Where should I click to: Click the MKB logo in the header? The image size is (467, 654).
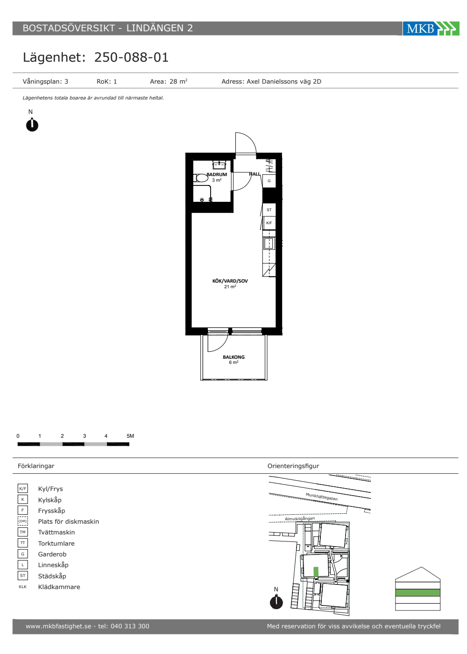click(x=431, y=28)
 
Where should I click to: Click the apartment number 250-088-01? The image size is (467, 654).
click(x=131, y=57)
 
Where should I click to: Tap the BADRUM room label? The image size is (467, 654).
click(x=217, y=174)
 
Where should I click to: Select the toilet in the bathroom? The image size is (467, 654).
click(x=200, y=178)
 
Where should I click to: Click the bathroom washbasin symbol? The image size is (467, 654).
click(x=219, y=165)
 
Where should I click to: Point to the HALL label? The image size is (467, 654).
click(x=255, y=174)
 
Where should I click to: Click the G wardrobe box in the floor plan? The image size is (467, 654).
click(x=269, y=181)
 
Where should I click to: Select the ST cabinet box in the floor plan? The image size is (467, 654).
click(x=269, y=210)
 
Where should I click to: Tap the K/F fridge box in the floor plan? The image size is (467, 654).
click(x=269, y=223)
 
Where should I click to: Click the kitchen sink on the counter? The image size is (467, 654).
click(x=269, y=243)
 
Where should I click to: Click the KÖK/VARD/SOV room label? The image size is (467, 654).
click(x=230, y=281)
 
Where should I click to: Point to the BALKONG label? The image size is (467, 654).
click(x=233, y=357)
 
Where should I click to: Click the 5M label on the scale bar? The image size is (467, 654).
click(x=130, y=436)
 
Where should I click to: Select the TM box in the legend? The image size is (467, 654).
click(x=23, y=532)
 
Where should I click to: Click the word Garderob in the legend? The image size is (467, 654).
click(x=52, y=554)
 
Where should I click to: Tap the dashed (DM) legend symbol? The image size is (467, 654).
click(x=23, y=521)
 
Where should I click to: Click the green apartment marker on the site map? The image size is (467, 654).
click(x=316, y=571)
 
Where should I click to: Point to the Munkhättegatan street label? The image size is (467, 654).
click(x=322, y=497)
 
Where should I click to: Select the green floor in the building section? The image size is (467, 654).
click(x=417, y=592)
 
